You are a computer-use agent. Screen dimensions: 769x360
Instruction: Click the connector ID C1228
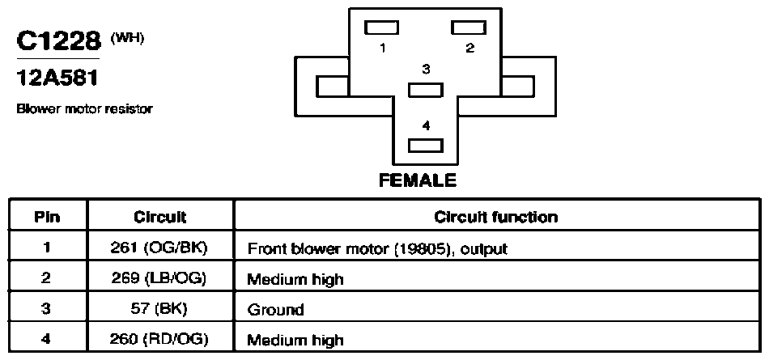coord(58,40)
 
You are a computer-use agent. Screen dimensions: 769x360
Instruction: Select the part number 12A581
coord(57,77)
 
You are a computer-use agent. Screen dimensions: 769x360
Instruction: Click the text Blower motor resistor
coord(84,109)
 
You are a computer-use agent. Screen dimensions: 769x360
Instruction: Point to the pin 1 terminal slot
coord(381,28)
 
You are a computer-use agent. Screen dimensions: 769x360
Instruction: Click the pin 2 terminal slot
coord(469,28)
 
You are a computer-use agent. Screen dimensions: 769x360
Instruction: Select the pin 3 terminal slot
coord(426,90)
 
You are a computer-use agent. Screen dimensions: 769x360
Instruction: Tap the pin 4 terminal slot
coord(426,146)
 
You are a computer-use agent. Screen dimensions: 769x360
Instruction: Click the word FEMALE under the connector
coord(418,180)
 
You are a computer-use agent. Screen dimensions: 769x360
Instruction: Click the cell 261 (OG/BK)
coord(160,248)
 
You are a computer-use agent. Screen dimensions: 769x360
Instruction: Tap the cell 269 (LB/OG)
coord(160,278)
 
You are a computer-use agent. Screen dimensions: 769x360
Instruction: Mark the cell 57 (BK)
coord(160,309)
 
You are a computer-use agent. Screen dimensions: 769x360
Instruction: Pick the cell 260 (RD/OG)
coord(160,340)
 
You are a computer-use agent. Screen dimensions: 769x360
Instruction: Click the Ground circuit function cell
coord(275,310)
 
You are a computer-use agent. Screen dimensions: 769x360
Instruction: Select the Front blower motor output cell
coord(377,249)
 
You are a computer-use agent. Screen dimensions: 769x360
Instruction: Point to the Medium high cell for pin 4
coord(295,340)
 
